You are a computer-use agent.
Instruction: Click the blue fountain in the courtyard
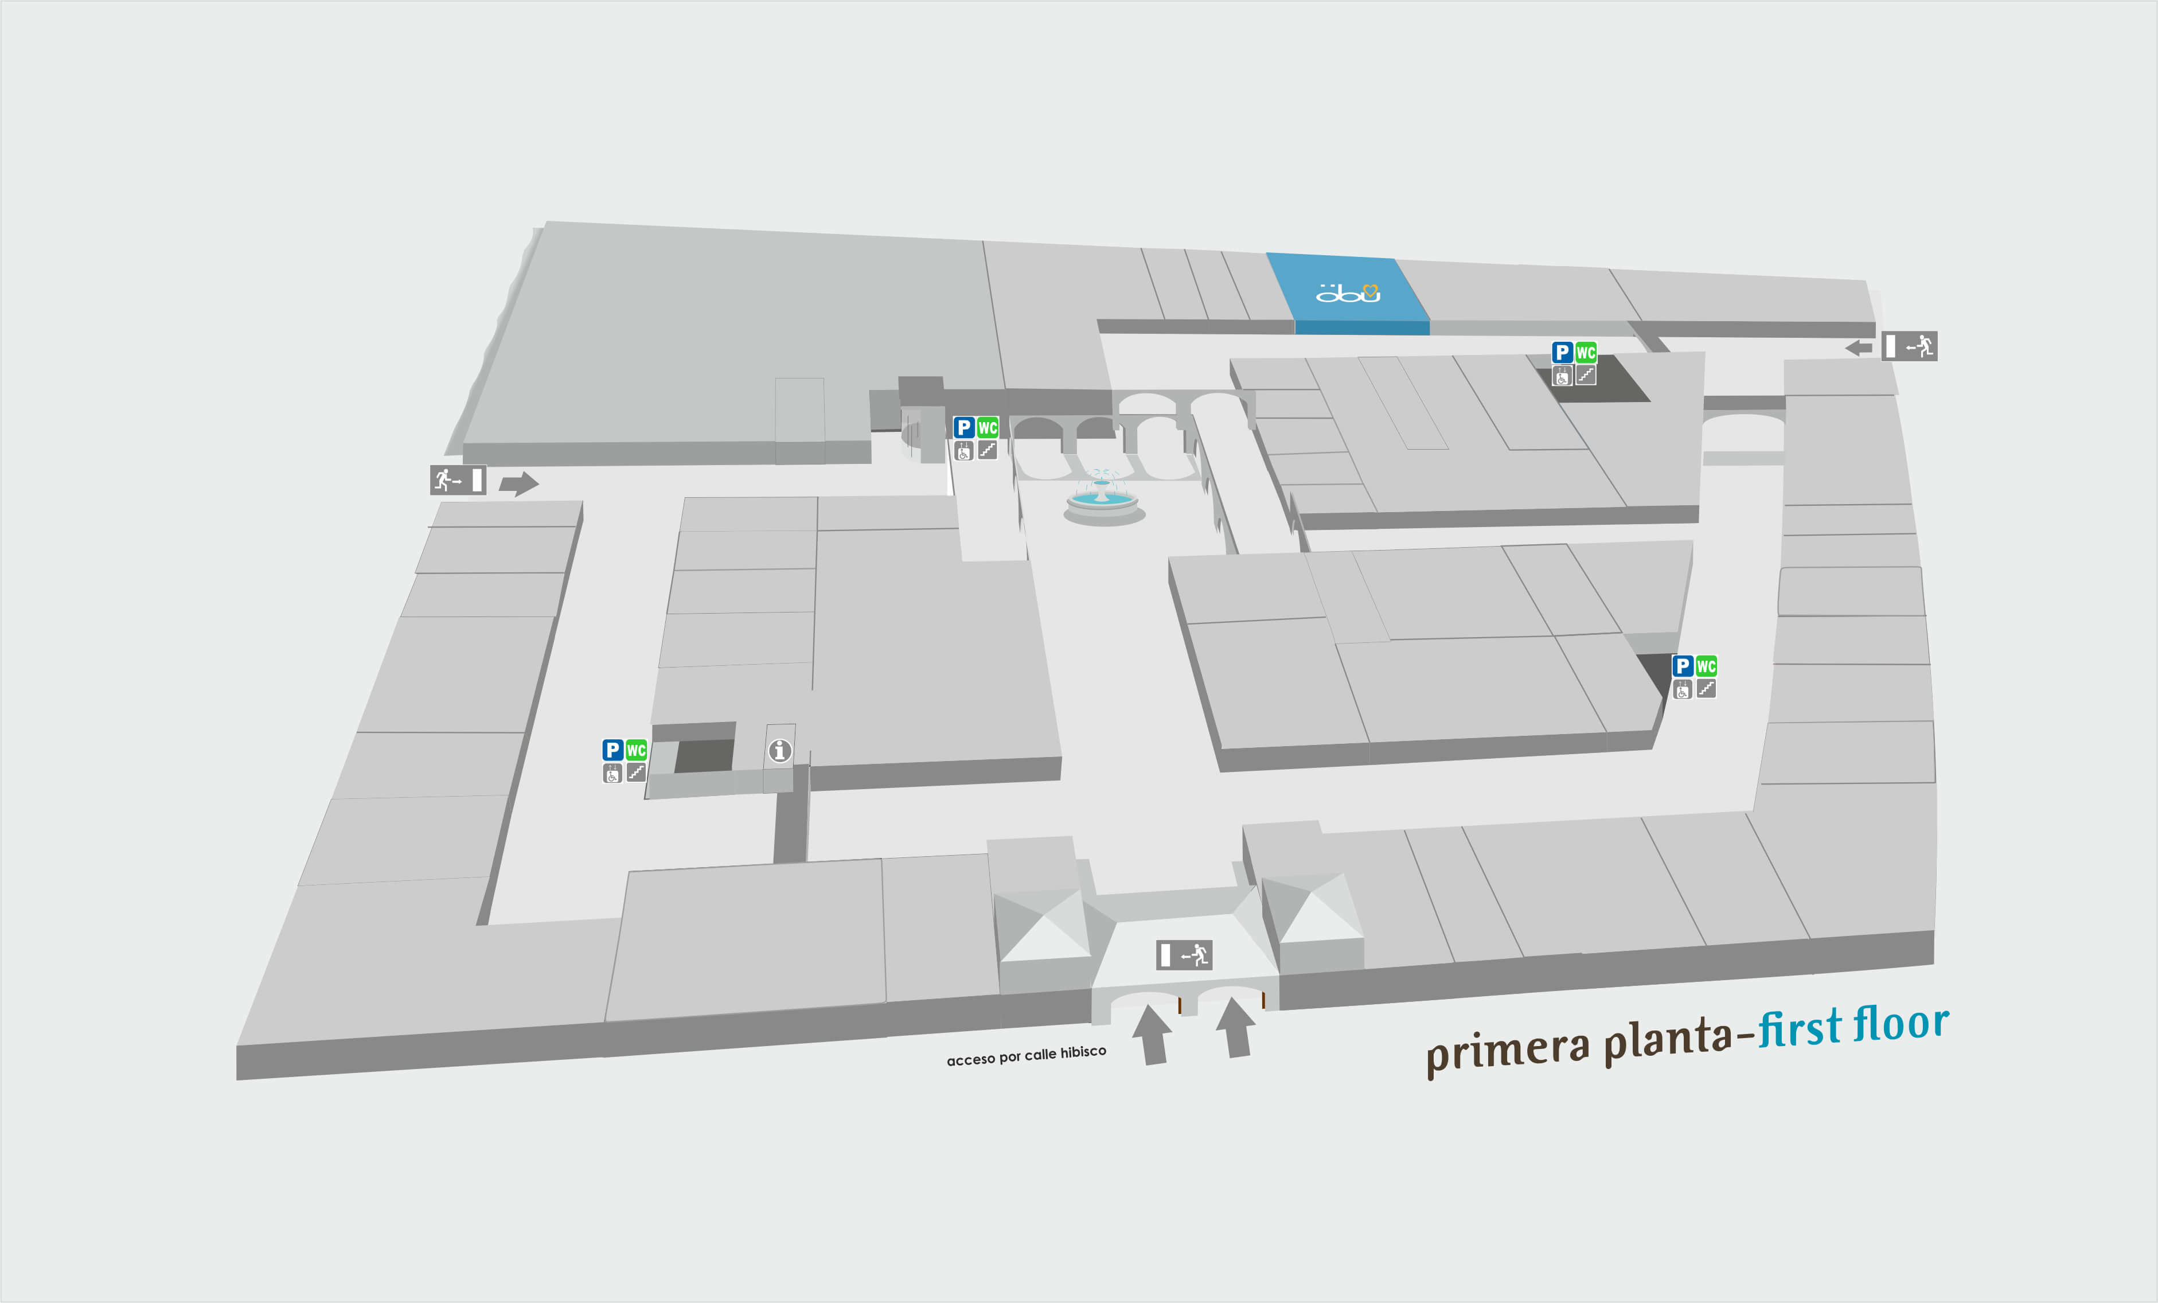click(x=1103, y=499)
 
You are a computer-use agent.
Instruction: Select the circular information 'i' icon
click(x=779, y=751)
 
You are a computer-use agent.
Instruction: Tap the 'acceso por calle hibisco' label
click(x=1027, y=1055)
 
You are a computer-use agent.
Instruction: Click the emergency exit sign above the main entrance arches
click(x=1184, y=954)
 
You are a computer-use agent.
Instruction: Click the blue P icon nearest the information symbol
click(x=612, y=751)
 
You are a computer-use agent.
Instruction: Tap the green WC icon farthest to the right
click(x=1706, y=666)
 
